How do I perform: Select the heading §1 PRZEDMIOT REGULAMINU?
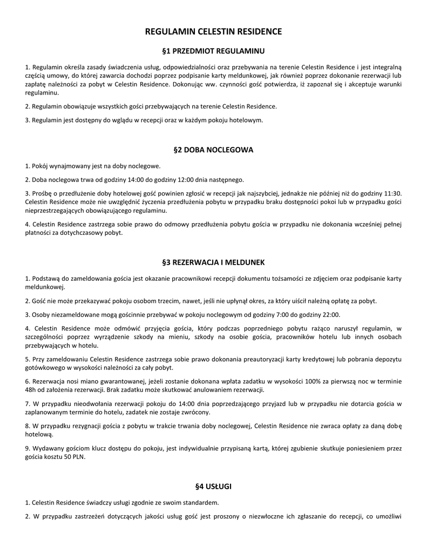click(213, 51)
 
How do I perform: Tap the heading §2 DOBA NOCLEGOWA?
click(213, 150)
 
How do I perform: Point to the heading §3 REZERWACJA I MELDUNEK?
click(213, 262)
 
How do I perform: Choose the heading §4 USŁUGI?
click(213, 487)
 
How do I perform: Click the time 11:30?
click(392, 193)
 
